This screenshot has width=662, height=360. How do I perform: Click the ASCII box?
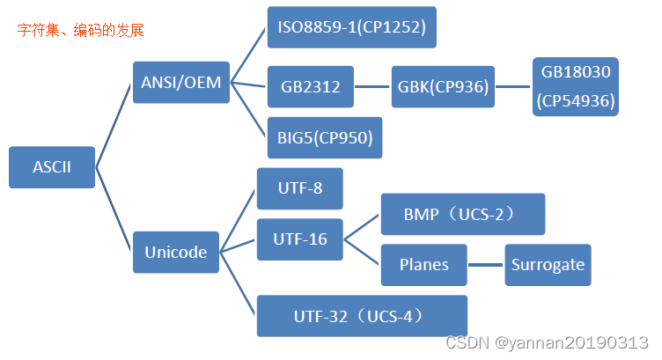(52, 167)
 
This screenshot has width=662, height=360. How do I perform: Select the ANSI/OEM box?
(180, 84)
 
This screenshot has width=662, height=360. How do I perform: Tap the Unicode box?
(176, 253)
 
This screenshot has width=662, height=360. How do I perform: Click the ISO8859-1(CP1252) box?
(351, 27)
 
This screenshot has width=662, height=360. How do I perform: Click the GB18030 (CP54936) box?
(576, 86)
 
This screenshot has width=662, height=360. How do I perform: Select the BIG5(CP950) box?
(324, 138)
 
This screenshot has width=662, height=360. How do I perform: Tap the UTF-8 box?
(299, 188)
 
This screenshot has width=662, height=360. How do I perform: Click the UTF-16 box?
(299, 239)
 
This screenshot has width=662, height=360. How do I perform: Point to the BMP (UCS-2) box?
(462, 214)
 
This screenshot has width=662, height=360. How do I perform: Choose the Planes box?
(423, 265)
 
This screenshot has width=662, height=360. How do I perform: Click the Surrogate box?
(547, 265)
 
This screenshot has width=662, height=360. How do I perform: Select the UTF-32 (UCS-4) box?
(361, 316)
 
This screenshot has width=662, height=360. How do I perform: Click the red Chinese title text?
(80, 31)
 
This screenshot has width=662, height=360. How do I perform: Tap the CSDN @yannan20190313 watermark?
(547, 342)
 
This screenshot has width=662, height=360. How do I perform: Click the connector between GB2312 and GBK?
(371, 87)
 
